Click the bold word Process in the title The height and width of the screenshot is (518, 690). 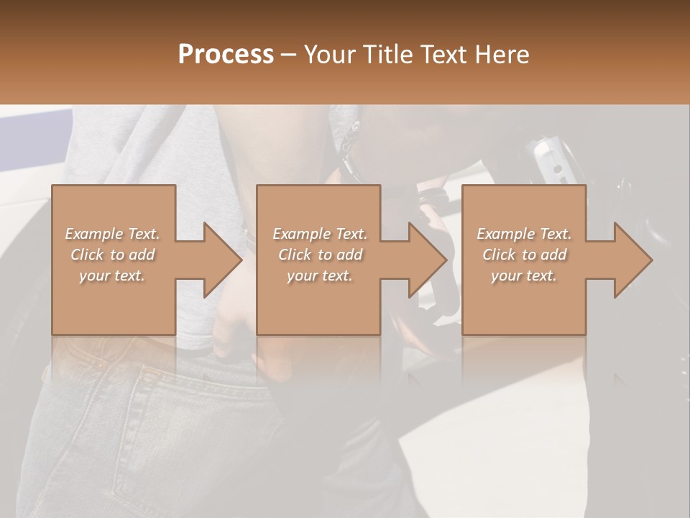226,54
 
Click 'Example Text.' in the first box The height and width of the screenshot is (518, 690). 112,234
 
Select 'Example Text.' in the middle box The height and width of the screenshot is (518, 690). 320,234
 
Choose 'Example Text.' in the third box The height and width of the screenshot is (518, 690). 524,234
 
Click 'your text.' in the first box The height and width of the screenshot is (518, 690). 112,276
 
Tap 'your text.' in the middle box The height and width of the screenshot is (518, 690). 320,276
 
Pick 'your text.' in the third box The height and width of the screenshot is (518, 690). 524,276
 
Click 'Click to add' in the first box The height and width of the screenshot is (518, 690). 112,255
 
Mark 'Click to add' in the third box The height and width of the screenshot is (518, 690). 524,255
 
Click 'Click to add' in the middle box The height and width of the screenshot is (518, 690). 320,255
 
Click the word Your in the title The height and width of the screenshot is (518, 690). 331,54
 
